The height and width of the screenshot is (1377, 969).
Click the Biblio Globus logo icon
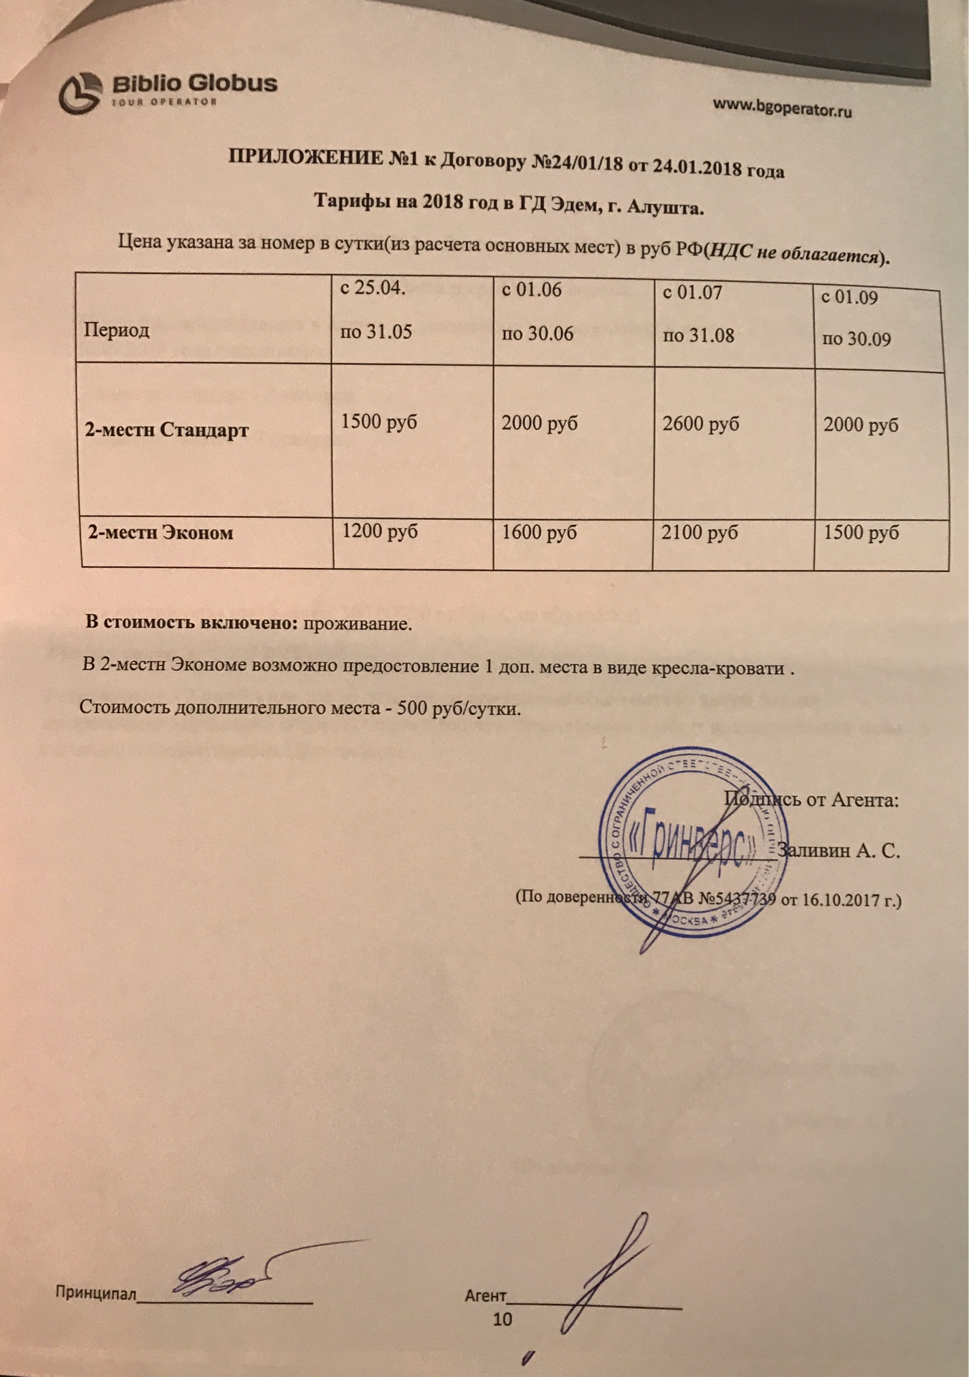click(80, 93)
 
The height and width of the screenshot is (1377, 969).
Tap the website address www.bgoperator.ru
click(782, 108)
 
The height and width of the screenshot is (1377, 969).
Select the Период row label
click(117, 330)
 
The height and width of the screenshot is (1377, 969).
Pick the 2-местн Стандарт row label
click(167, 430)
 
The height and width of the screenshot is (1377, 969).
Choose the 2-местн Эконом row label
click(161, 533)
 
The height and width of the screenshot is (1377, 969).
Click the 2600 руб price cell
click(700, 424)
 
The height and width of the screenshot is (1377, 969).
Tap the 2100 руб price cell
click(700, 533)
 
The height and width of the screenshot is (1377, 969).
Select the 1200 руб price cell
click(379, 531)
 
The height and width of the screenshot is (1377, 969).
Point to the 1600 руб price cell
click(539, 533)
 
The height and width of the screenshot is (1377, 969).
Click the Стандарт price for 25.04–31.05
click(378, 422)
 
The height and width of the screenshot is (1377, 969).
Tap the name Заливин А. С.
click(839, 851)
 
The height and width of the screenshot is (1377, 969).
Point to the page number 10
click(502, 1319)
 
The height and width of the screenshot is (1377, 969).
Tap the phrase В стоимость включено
click(191, 622)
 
